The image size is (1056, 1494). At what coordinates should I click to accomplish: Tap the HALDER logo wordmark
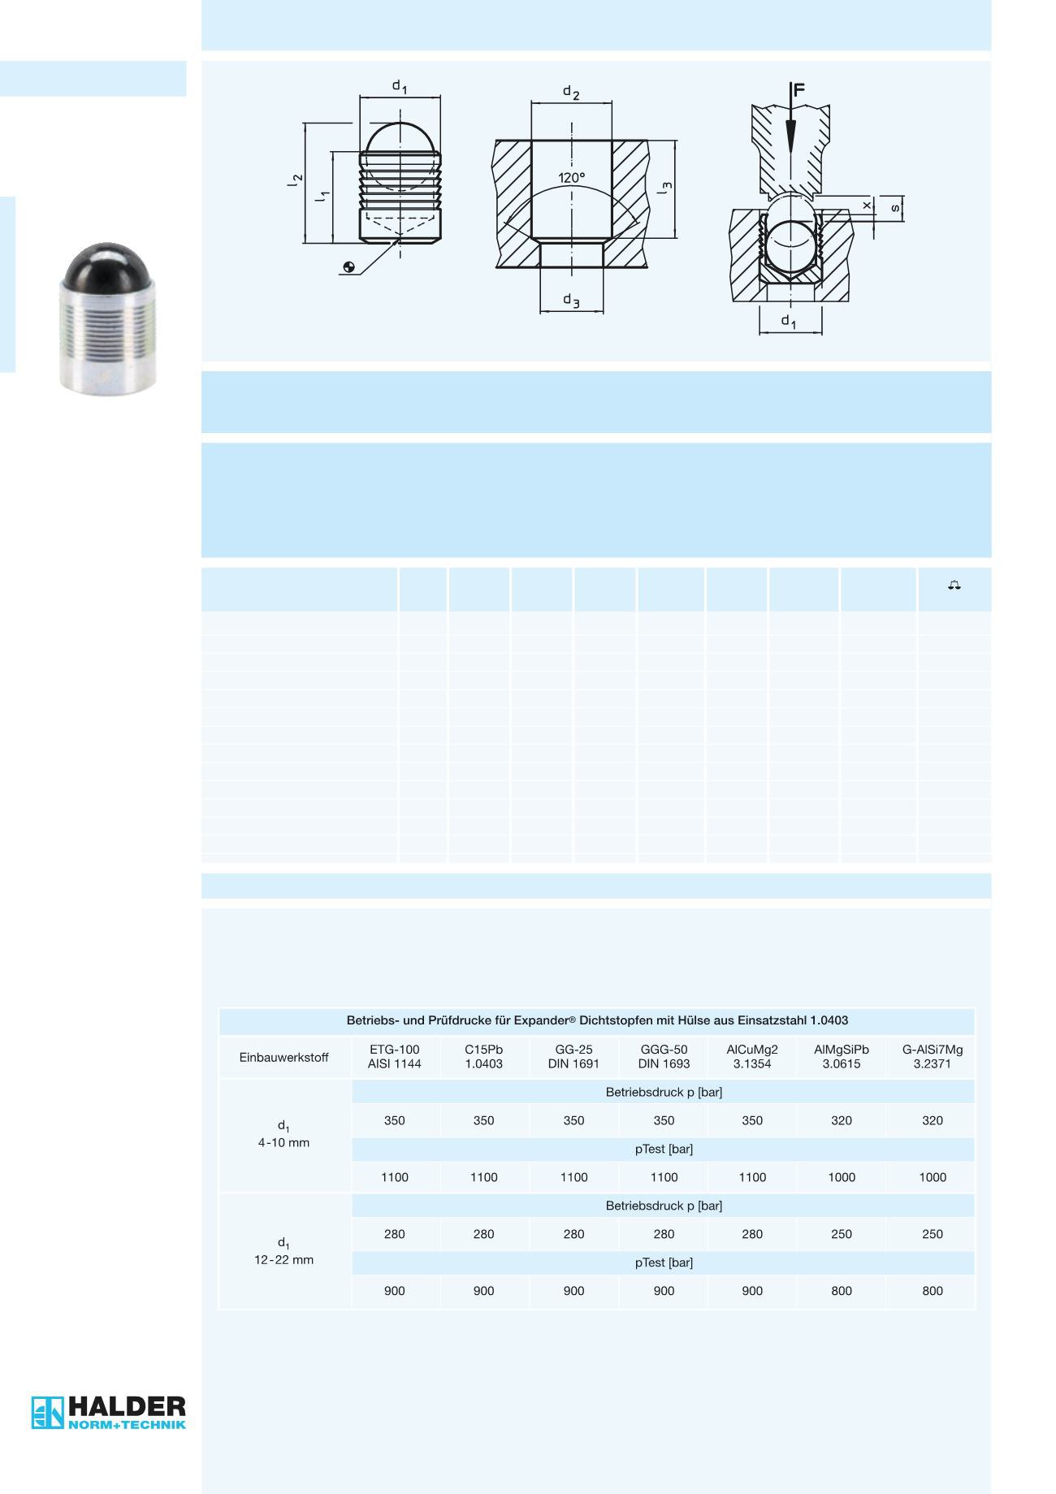point(127,1405)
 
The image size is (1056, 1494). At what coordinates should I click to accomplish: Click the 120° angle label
point(571,178)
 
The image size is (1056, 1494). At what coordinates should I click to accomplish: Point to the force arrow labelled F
point(790,122)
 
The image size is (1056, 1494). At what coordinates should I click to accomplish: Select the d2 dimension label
point(571,92)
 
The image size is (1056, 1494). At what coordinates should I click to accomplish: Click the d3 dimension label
point(571,301)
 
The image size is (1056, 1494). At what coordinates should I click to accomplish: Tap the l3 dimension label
point(665,188)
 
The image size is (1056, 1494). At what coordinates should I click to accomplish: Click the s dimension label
point(895,208)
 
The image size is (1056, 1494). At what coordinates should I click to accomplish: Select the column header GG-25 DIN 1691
point(573,1056)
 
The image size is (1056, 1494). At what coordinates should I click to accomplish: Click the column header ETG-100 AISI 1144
point(394,1056)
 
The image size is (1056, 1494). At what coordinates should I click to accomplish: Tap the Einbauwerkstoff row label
point(283,1058)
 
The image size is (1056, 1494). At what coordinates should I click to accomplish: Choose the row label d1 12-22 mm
point(283,1252)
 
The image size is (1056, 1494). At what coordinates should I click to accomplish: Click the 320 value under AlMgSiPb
point(841,1120)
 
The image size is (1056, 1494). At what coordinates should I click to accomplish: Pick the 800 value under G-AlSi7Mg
point(932,1291)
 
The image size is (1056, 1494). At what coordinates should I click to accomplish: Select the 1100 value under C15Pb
point(483,1177)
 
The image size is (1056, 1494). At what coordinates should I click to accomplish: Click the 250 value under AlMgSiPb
point(841,1234)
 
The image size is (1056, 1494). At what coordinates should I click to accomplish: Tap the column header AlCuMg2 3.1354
point(752,1056)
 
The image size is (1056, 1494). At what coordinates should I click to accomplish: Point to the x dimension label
point(867,206)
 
